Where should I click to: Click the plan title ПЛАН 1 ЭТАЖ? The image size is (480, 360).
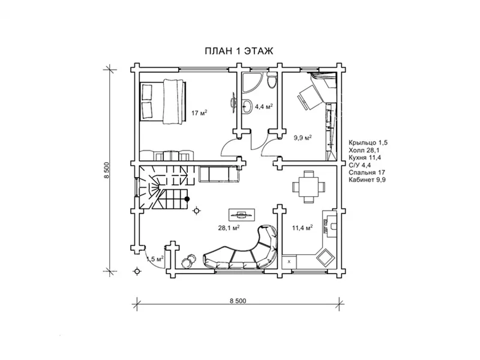(239, 51)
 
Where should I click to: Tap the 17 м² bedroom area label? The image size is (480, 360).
(199, 113)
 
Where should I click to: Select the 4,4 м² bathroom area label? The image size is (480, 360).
(264, 107)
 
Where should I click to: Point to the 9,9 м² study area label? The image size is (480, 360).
(303, 137)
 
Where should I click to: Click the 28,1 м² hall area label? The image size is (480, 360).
(229, 228)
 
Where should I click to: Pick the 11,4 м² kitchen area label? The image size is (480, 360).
(302, 228)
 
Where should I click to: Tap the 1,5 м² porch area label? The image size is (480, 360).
(155, 259)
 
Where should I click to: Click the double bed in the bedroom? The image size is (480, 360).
(163, 101)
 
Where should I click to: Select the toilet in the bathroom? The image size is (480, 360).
(271, 82)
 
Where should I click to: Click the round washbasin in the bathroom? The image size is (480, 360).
(247, 107)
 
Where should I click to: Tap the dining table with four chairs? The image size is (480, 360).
(308, 187)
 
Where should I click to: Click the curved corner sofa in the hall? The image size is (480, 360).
(242, 248)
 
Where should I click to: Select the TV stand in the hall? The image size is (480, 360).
(242, 214)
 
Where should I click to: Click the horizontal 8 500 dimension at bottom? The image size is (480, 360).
(238, 301)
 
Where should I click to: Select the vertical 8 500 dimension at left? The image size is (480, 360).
(107, 170)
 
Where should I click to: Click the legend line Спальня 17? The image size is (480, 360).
(367, 172)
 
